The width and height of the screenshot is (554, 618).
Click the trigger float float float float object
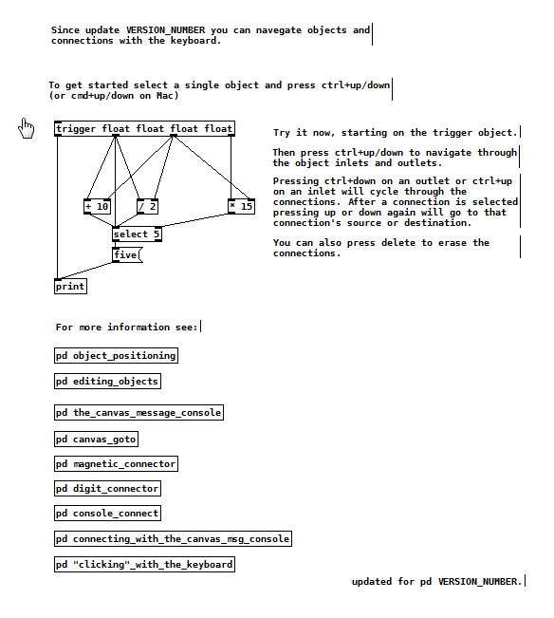(144, 128)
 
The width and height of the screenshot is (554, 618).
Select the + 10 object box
(98, 207)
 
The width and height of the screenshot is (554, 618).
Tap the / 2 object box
(147, 207)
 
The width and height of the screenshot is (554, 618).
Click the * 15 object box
(241, 207)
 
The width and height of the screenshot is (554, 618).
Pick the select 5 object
(137, 234)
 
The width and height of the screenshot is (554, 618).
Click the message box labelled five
(127, 255)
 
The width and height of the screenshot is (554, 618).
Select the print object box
(70, 286)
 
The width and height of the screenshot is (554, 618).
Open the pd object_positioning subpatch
(116, 355)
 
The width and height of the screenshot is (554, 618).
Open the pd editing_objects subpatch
(107, 381)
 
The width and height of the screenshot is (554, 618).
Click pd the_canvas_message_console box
(138, 413)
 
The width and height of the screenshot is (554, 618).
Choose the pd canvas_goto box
(96, 440)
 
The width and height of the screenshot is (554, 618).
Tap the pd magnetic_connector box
(116, 464)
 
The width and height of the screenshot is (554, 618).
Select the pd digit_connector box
(107, 489)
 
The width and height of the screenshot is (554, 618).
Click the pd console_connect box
(107, 514)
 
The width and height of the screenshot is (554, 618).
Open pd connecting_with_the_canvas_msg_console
(173, 539)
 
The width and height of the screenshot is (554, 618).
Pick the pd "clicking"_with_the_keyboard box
(144, 565)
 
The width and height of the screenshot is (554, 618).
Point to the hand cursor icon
(27, 128)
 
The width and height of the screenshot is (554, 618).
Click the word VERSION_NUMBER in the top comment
(166, 30)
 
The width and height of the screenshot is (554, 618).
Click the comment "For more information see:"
(126, 328)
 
